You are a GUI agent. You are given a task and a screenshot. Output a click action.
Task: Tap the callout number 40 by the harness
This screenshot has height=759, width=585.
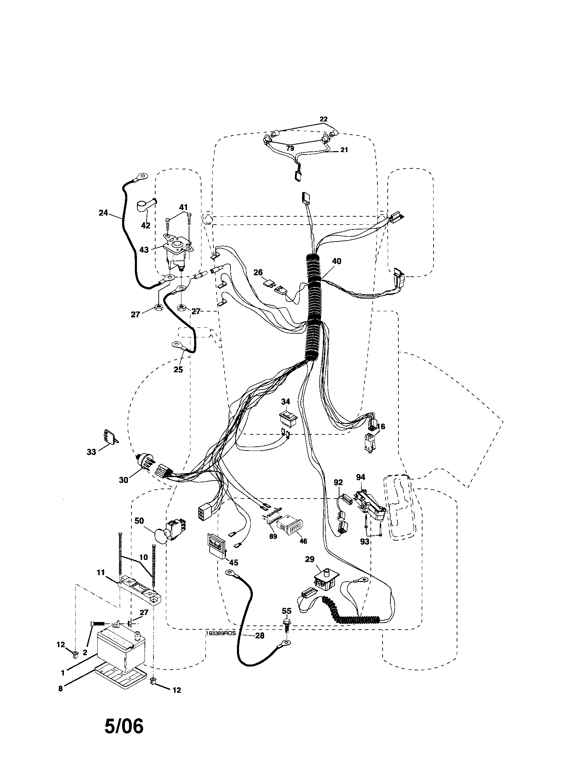[x=336, y=261]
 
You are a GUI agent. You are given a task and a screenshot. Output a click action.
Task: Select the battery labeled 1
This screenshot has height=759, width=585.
[x=118, y=649]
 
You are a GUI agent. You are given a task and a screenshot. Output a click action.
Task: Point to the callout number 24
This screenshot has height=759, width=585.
[x=103, y=213]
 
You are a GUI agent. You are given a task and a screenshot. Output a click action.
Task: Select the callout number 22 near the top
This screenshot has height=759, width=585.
[x=324, y=119]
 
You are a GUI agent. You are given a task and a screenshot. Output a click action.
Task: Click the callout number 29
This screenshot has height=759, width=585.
[x=309, y=559]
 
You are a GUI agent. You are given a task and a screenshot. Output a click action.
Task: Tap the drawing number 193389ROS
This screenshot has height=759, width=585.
[x=221, y=633]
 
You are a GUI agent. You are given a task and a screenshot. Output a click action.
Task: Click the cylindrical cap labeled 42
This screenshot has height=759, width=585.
[x=143, y=207]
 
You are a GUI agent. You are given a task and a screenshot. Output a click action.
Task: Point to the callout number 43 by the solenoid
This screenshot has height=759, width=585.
[x=144, y=249]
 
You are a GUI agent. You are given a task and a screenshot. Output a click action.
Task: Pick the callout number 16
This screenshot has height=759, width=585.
[x=381, y=426]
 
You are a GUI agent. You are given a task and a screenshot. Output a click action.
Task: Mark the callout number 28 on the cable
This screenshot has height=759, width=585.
[x=259, y=635]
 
